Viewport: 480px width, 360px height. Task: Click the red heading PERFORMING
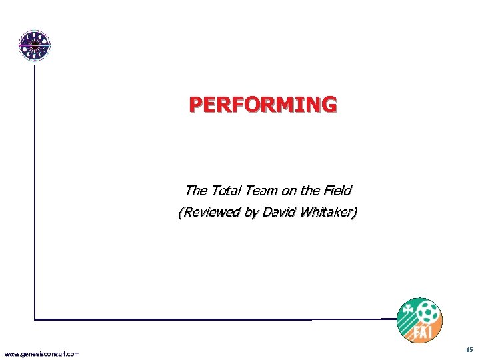[263, 105]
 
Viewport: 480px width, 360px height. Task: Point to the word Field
[337, 191]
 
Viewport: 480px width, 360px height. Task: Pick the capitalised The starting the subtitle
[195, 191]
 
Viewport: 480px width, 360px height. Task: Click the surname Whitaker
[327, 214]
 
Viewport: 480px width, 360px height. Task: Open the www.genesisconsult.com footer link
[41, 353]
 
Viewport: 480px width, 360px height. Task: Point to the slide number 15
[469, 349]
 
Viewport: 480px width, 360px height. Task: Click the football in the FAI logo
[427, 312]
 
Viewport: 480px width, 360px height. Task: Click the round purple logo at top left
[34, 46]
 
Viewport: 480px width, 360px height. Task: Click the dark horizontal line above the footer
[213, 319]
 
